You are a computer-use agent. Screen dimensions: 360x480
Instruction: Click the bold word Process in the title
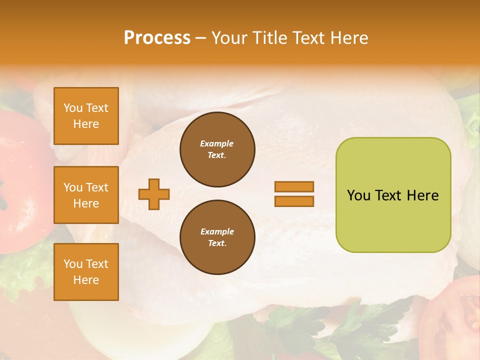click(157, 38)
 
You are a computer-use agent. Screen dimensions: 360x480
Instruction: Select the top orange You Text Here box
click(86, 116)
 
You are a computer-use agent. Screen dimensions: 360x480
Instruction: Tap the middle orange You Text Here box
click(86, 195)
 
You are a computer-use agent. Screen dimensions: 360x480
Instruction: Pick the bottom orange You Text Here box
click(86, 272)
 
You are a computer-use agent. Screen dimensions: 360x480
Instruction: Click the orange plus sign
click(154, 194)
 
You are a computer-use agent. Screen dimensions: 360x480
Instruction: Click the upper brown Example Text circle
click(217, 149)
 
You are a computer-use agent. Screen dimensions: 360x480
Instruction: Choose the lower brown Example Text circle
click(217, 237)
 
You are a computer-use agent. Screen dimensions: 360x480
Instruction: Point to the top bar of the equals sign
click(294, 187)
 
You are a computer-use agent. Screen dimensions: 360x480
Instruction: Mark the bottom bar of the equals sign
click(294, 201)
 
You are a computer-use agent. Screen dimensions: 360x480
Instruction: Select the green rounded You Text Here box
click(393, 195)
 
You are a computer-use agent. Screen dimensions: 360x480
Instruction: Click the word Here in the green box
click(422, 195)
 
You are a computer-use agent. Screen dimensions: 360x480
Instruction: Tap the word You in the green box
click(358, 195)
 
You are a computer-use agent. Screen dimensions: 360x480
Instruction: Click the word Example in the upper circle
click(217, 143)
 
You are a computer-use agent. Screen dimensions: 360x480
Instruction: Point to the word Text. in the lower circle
click(217, 243)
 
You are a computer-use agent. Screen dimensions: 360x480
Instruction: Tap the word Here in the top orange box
click(86, 124)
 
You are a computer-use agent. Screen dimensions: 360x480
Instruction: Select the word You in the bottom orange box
click(72, 264)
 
